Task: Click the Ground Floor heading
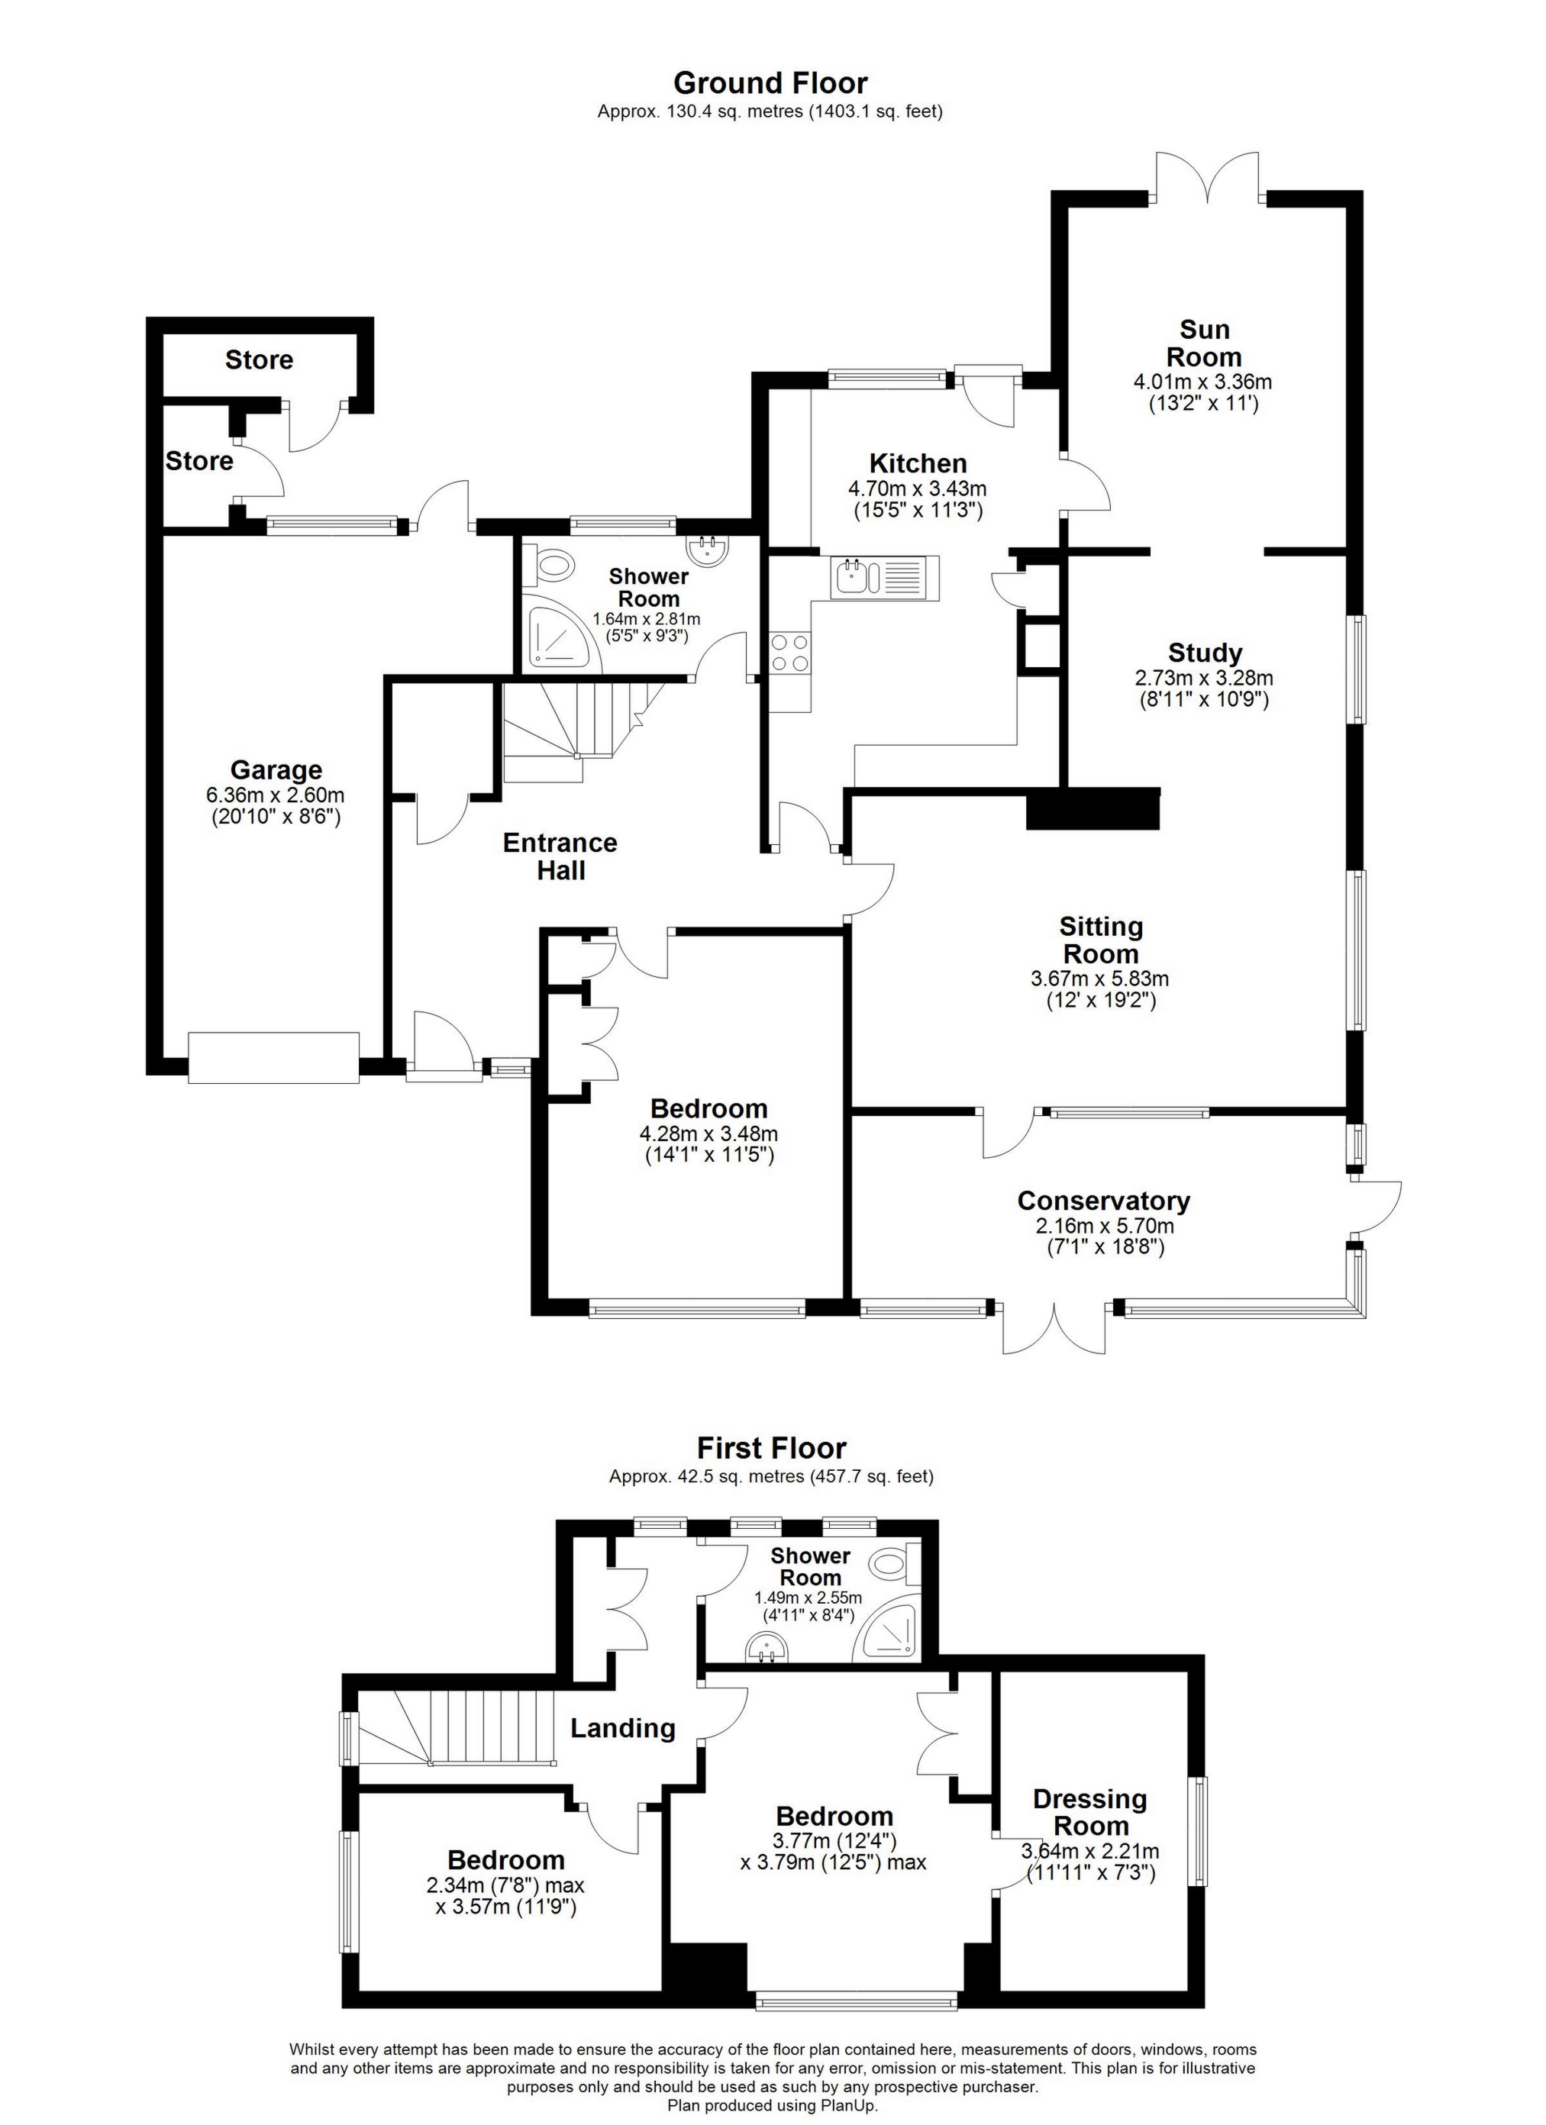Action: (770, 83)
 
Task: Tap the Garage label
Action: (276, 770)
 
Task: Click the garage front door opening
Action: (273, 1058)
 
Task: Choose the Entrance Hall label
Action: (560, 856)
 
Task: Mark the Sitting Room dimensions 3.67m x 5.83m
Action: (1100, 979)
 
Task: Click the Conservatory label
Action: (1104, 1201)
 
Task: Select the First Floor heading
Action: (771, 1449)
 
